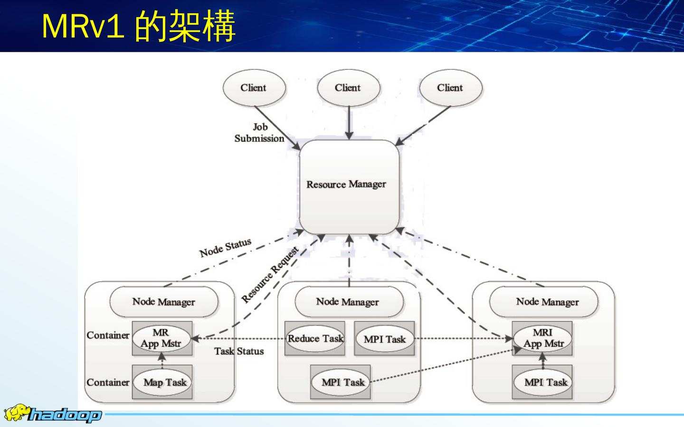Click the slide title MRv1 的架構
[138, 26]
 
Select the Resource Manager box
[349, 186]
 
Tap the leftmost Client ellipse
[254, 88]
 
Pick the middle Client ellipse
[348, 88]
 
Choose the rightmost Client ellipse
[450, 88]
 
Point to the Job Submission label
[259, 133]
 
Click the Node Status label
[225, 247]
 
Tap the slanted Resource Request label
[270, 275]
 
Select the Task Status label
[239, 351]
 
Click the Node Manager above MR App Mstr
[164, 302]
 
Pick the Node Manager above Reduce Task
[348, 302]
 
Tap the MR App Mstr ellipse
[161, 338]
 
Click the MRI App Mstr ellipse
[543, 338]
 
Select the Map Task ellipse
[164, 382]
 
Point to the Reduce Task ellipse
[315, 339]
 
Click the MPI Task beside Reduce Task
[385, 339]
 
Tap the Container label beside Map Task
[108, 382]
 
